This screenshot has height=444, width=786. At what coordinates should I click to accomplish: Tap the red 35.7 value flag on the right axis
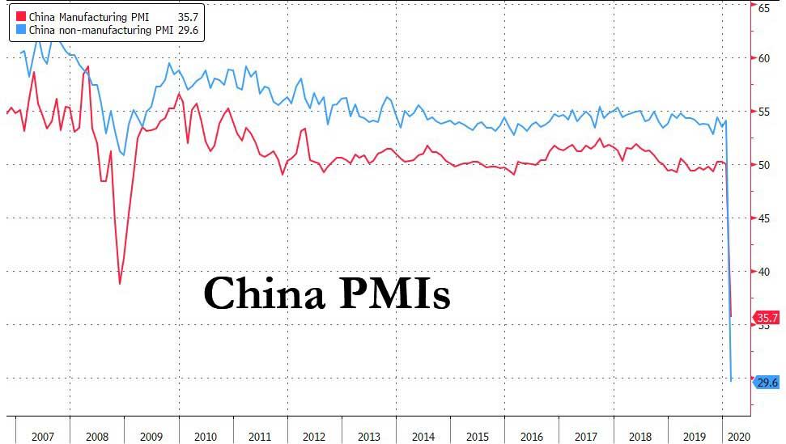767,317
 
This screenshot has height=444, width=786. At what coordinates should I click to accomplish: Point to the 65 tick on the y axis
763,6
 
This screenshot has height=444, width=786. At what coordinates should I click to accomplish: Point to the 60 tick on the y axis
763,58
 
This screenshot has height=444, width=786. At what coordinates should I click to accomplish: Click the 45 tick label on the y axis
763,218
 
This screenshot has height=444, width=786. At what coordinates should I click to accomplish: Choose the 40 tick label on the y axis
763,272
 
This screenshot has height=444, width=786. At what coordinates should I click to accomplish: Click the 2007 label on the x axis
43,437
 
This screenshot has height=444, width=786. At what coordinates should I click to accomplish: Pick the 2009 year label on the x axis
151,437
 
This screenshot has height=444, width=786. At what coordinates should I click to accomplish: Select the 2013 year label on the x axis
368,437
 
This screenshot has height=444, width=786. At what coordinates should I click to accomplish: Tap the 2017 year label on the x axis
586,437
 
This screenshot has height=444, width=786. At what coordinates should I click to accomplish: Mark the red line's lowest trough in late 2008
120,283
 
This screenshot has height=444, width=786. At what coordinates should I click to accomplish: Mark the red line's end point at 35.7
731,316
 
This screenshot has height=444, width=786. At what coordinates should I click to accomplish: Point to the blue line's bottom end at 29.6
732,380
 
